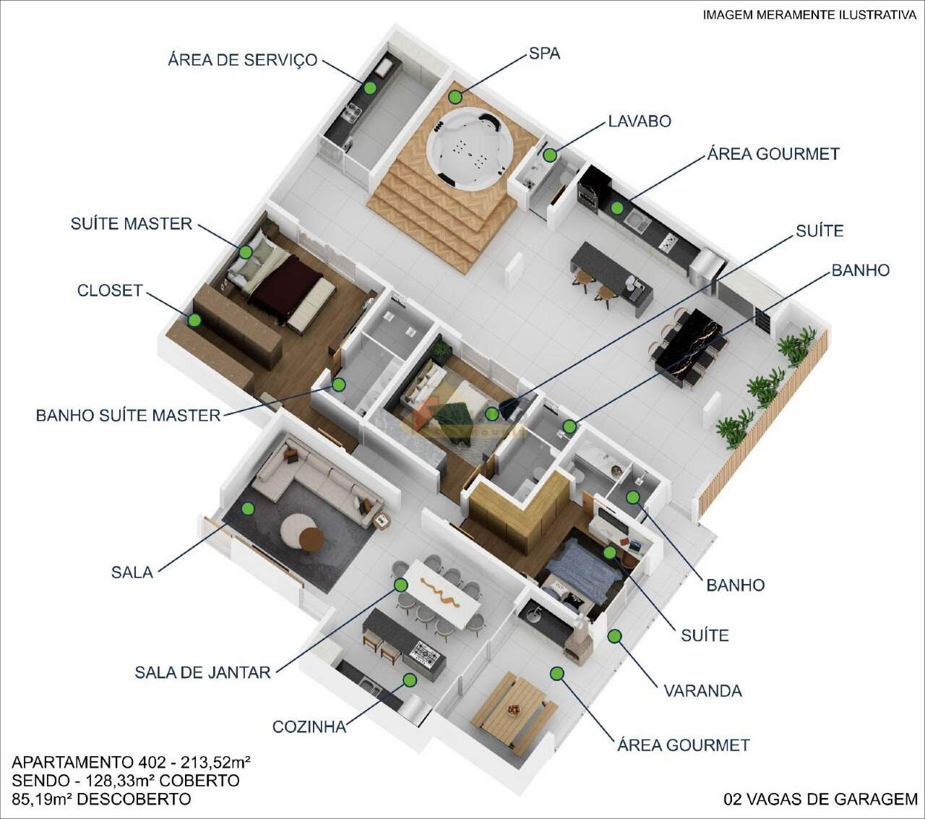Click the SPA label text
[545, 53]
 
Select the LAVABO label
[640, 121]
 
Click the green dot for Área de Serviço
[370, 87]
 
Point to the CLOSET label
[110, 291]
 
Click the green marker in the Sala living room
[248, 508]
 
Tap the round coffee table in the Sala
[303, 533]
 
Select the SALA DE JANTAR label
[202, 672]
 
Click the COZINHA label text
[309, 726]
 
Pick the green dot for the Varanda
[614, 636]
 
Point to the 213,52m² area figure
[215, 762]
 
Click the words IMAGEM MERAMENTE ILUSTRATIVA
[809, 15]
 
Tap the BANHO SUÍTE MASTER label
[129, 416]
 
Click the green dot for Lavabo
[550, 155]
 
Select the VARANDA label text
[702, 691]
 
